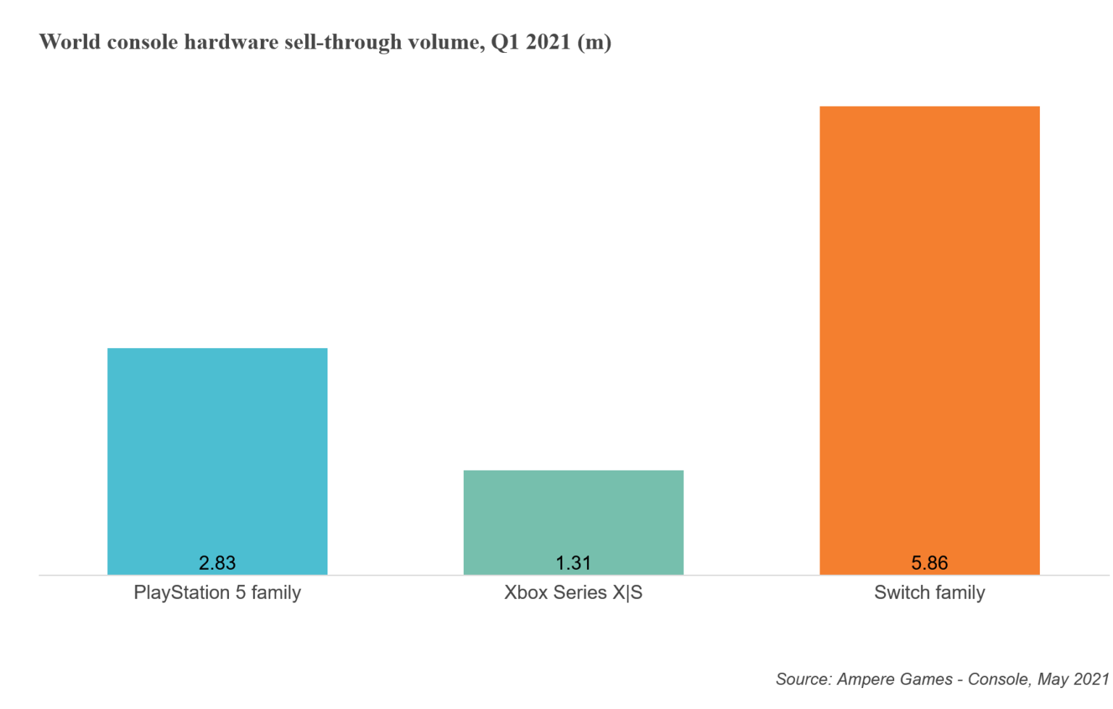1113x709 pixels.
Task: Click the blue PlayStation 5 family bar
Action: click(x=217, y=449)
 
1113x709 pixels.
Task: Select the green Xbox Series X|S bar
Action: click(x=573, y=515)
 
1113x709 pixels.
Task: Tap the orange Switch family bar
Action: click(x=929, y=326)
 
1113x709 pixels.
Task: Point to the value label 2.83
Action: click(x=217, y=563)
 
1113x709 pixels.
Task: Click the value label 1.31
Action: click(x=573, y=563)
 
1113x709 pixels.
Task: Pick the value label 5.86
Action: click(x=929, y=563)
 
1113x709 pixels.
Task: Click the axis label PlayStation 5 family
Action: click(x=217, y=592)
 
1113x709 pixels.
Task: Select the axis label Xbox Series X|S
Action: click(x=573, y=592)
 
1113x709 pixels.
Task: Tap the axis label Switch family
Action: click(x=929, y=592)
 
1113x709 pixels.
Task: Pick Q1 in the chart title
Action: click(x=505, y=42)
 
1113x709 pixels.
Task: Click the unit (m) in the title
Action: click(x=594, y=42)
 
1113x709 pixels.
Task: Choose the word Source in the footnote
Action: click(x=803, y=679)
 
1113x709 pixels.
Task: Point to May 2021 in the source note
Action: click(x=1073, y=679)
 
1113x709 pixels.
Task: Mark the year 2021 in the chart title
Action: click(x=549, y=42)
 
